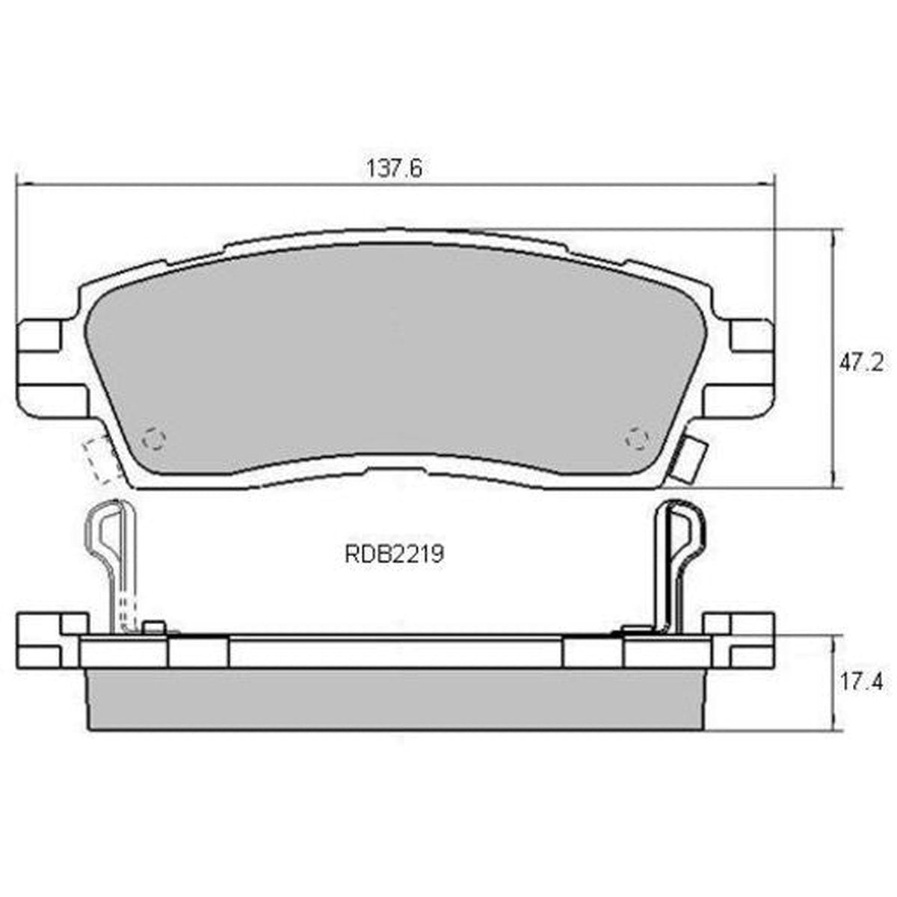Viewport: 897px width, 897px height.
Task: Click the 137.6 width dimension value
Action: (394, 169)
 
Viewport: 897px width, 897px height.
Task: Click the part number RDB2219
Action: (394, 555)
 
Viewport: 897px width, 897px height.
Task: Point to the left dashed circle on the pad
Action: (154, 440)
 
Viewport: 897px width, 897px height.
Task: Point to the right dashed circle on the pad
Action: (637, 440)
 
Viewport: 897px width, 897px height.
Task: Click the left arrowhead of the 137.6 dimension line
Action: (22, 183)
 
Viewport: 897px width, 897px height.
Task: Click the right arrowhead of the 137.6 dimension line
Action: (769, 183)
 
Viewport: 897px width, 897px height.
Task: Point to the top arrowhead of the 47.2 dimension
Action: (832, 235)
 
